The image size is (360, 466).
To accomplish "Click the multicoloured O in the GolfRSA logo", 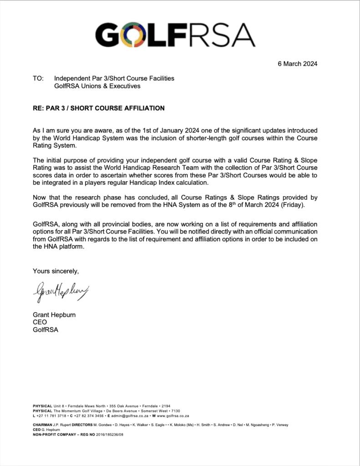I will coord(136,34).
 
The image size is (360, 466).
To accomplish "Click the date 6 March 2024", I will coord(298,64).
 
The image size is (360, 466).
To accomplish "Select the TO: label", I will coord(38,78).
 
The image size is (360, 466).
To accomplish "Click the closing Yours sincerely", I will coord(56,271).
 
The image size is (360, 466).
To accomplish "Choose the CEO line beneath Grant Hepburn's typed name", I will coord(40,322).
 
